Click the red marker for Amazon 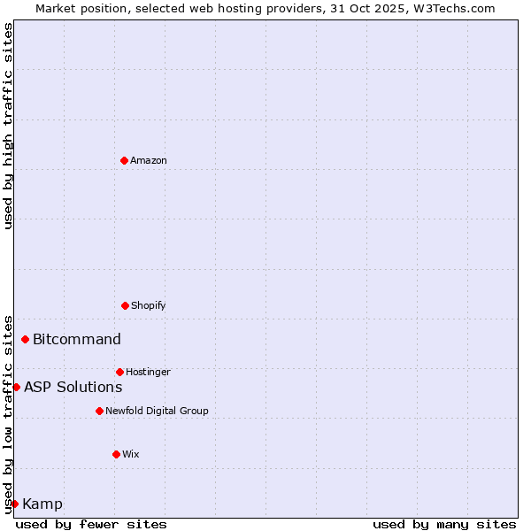click(x=124, y=160)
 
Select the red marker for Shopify click(x=125, y=305)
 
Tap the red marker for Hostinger click(x=119, y=372)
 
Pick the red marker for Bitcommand click(x=25, y=339)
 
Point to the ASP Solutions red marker click(x=16, y=387)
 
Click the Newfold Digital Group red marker click(x=99, y=411)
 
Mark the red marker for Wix click(x=116, y=454)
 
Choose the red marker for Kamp click(x=14, y=504)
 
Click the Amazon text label click(x=149, y=160)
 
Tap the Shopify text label click(x=149, y=305)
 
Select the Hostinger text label click(x=148, y=372)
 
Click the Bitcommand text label click(x=77, y=339)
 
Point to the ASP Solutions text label click(x=73, y=387)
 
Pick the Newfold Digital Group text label click(x=157, y=411)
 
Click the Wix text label click(x=131, y=454)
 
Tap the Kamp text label click(x=42, y=504)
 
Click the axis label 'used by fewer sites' click(x=91, y=524)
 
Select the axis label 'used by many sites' click(x=444, y=524)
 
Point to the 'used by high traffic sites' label click(x=8, y=126)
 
